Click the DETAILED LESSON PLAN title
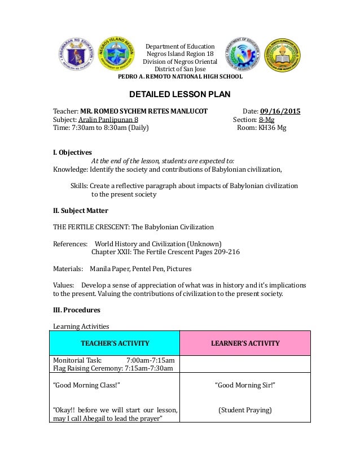[x=180, y=94]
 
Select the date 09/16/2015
[x=280, y=111]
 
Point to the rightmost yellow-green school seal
[x=283, y=56]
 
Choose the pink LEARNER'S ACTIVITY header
[x=245, y=343]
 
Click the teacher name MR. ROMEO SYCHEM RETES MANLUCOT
[x=144, y=111]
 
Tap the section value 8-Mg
[x=267, y=119]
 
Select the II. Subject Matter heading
[x=80, y=211]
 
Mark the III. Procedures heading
[x=76, y=310]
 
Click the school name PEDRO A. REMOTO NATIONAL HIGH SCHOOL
[x=179, y=76]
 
